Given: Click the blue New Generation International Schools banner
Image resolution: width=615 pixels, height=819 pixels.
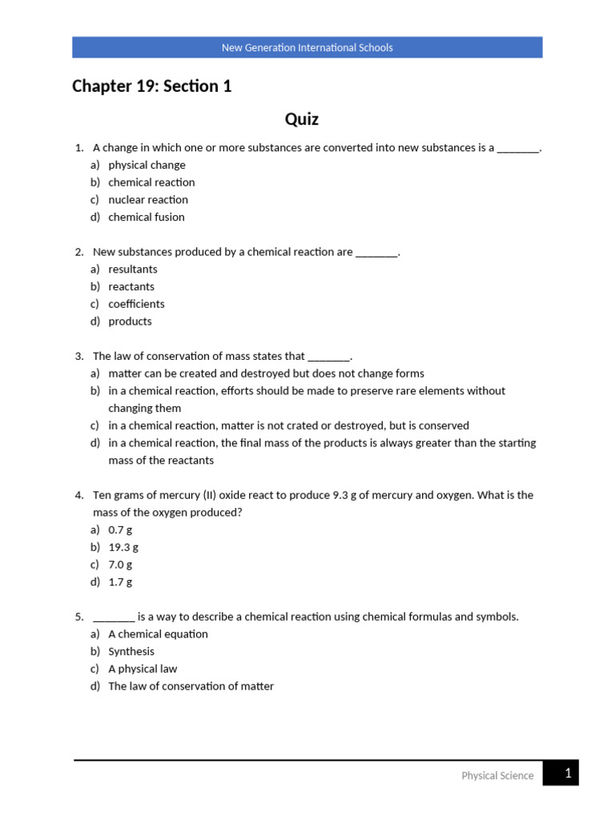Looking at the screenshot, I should (x=307, y=47).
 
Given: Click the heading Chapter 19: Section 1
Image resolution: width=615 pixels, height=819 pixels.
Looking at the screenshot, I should (x=152, y=86).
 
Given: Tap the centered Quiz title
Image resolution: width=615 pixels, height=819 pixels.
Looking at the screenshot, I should (x=302, y=119).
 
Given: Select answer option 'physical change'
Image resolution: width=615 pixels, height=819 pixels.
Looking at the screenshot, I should (x=147, y=165).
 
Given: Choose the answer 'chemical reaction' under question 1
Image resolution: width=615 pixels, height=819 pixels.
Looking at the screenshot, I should (x=151, y=182).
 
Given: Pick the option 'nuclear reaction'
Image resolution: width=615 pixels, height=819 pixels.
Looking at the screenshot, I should (x=148, y=200).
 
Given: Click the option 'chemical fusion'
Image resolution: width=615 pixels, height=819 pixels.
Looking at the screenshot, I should (x=147, y=217).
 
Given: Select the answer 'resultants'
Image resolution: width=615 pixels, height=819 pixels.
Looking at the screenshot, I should (x=133, y=270).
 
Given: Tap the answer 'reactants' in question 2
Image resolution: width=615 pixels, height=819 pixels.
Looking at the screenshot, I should (x=131, y=286).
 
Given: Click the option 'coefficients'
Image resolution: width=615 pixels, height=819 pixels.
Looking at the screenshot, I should (x=136, y=304).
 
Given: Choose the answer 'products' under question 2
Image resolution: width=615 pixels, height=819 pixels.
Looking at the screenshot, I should (x=130, y=322).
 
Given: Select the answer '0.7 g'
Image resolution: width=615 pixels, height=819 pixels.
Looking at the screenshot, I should (x=120, y=529).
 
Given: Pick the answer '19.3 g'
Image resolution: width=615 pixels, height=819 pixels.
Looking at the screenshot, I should (x=123, y=547).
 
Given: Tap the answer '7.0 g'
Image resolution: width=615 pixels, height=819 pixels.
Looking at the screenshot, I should (x=120, y=565).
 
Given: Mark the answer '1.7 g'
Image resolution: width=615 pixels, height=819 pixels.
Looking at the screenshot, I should (x=120, y=582).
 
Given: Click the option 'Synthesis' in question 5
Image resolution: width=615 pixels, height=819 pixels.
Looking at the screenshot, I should (x=131, y=651).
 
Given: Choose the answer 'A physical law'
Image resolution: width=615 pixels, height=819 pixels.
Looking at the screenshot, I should (x=143, y=669).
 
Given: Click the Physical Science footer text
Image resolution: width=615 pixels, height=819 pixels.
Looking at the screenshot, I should (x=497, y=775).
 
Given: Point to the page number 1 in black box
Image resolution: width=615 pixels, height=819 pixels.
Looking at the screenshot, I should (x=567, y=773).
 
